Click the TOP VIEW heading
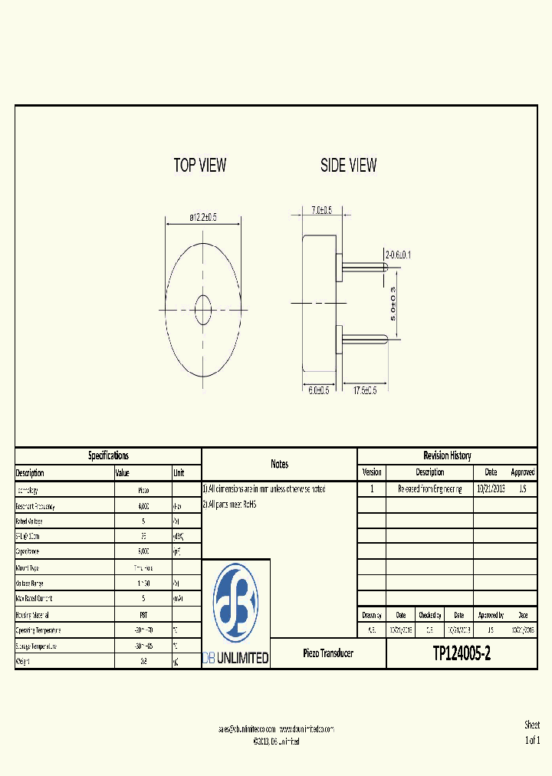point(200,165)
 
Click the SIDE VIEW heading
point(348,165)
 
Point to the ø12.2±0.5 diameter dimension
point(203,218)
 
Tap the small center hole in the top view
point(204,310)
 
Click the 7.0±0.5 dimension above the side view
point(321,210)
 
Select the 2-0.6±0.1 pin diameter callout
point(398,255)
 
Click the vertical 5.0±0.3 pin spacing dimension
point(393,303)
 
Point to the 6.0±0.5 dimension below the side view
point(319,390)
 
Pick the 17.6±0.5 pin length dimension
point(364,390)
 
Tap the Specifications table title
point(108,455)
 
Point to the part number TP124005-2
point(462,653)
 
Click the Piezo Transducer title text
point(328,653)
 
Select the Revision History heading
point(447,455)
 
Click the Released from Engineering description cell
point(429,489)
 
